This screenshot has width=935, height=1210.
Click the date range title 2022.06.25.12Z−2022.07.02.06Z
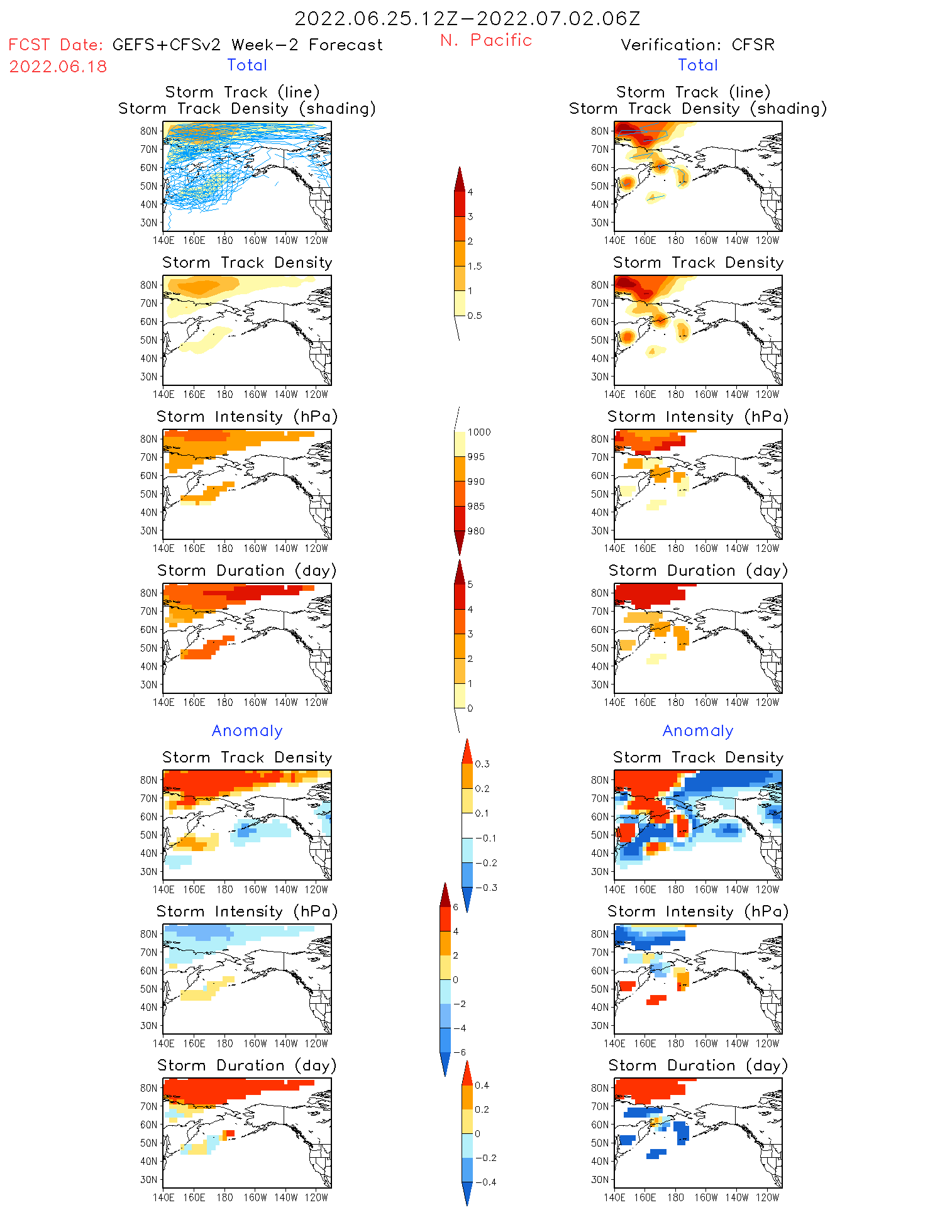coord(467,19)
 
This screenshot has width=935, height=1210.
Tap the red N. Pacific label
coord(486,40)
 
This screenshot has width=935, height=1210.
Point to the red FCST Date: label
coord(55,45)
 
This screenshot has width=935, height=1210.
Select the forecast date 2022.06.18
coord(58,67)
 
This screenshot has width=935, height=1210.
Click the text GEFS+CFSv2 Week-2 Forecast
coord(247,45)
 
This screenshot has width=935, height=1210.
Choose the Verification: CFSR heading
coord(697,45)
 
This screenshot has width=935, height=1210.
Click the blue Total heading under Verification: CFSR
coord(697,65)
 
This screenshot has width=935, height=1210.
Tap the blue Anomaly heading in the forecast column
coord(247,731)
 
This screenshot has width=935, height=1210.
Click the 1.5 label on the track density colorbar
coord(475,267)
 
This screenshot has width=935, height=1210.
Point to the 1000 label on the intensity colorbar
coord(479,432)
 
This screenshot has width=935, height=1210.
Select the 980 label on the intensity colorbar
coord(476,531)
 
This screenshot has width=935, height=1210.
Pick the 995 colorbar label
coord(476,457)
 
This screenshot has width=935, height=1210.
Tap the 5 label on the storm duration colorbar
coord(470,585)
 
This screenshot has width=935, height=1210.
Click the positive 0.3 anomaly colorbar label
coord(482,764)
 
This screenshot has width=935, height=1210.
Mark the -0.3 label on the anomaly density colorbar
coord(485,888)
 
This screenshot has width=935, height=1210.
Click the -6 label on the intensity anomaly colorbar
coord(459,1053)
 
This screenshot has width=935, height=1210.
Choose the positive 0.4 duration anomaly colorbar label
coord(482,1086)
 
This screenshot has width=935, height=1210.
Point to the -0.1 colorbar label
coord(485,839)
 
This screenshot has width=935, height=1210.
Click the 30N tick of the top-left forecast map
coord(149,223)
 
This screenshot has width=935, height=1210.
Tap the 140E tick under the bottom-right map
coord(614,1197)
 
